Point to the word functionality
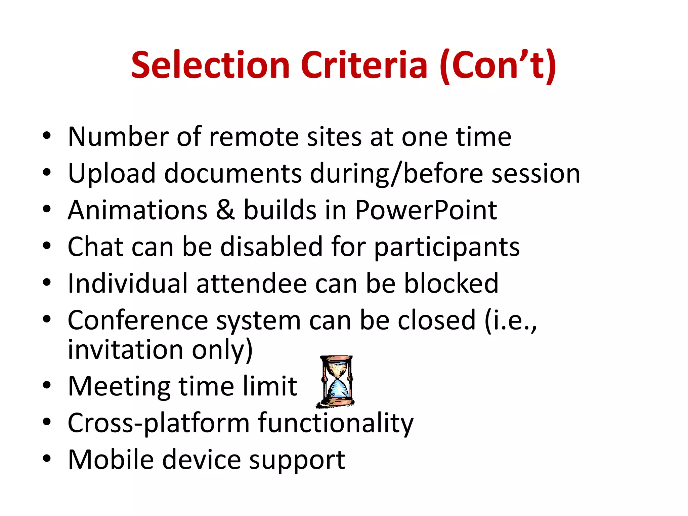(336, 423)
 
